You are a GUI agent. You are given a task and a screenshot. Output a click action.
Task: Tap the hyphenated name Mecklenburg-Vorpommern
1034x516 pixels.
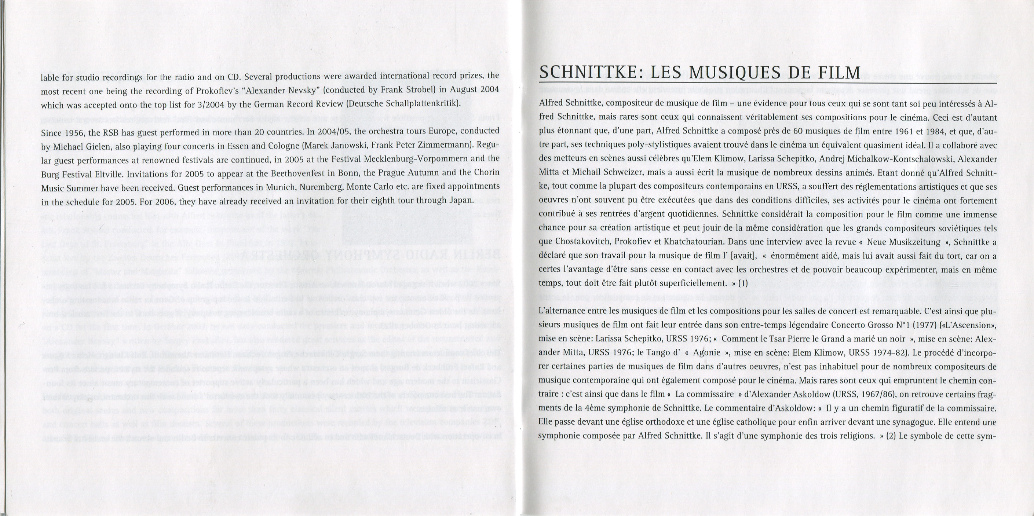(x=416, y=158)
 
